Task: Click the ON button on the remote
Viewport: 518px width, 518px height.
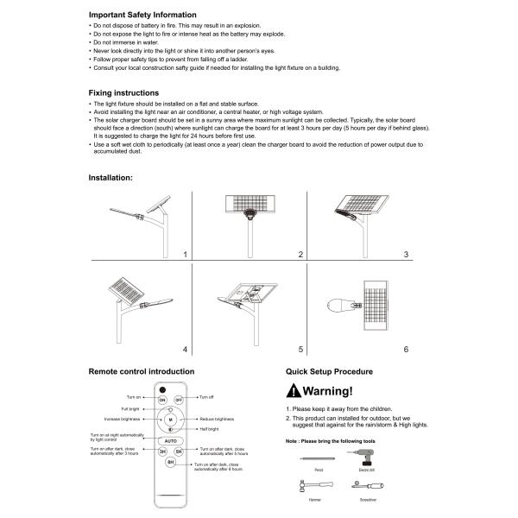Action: [x=161, y=400]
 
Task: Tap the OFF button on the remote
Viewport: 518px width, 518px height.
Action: [x=180, y=400]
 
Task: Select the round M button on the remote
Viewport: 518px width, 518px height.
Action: [x=170, y=420]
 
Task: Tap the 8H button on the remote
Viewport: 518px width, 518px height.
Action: [x=171, y=462]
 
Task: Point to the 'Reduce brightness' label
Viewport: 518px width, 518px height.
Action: [x=218, y=419]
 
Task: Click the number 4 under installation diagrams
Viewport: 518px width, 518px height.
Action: [x=184, y=349]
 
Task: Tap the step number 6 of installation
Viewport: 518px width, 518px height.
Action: [x=406, y=349]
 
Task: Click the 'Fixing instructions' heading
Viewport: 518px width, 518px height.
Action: [x=123, y=92]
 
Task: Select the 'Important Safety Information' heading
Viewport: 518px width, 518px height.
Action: [x=142, y=15]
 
